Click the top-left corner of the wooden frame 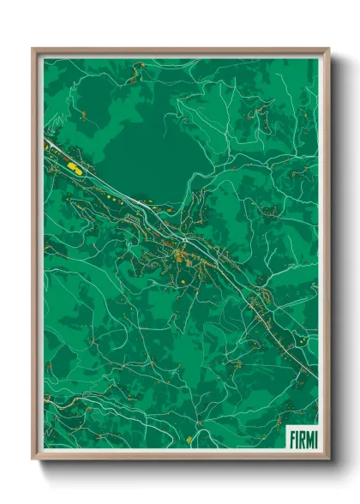[x=33, y=50]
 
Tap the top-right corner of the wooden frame [x=328, y=50]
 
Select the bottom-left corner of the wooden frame [x=33, y=459]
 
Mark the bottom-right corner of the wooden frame [x=328, y=459]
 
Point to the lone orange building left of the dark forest [x=83, y=113]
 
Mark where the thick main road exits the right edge [x=315, y=377]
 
